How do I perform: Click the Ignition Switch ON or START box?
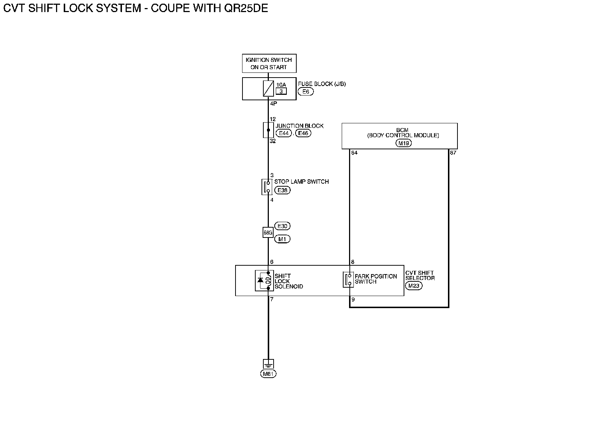tap(269, 64)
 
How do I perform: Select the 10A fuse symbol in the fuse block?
tap(268, 89)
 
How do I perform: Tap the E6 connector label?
tap(305, 92)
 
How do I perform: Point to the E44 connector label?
tap(283, 133)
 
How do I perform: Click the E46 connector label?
tap(303, 133)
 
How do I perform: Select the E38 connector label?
tap(282, 190)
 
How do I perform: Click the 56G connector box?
tap(268, 233)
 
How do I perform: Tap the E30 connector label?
tap(282, 226)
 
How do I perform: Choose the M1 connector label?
tap(282, 239)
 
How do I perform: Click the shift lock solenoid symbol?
tap(264, 281)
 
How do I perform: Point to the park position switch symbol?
tap(348, 280)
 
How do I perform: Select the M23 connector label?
tap(414, 286)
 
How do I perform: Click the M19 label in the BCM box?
tap(404, 143)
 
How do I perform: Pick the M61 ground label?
tap(268, 374)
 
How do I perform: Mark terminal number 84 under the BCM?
tap(354, 153)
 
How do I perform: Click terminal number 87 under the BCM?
tap(453, 153)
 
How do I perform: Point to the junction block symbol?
tap(268, 130)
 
